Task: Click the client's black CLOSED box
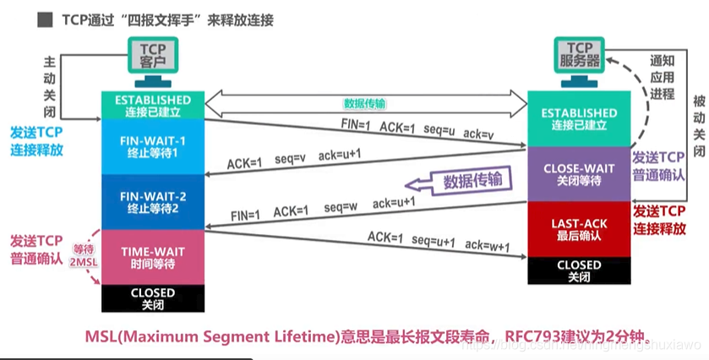(x=153, y=297)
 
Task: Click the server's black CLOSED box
(x=579, y=270)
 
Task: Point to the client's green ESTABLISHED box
(x=153, y=104)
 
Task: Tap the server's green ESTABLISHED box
(x=579, y=117)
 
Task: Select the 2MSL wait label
(x=83, y=256)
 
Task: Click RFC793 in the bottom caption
(x=530, y=336)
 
